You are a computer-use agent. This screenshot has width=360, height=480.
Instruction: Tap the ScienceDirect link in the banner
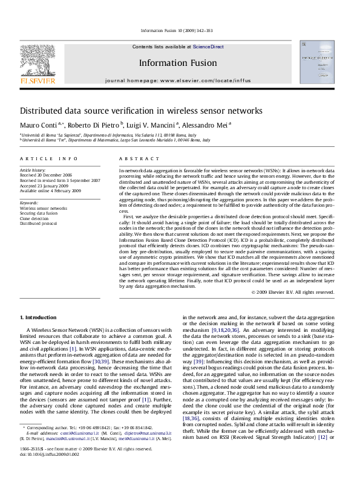coord(208,47)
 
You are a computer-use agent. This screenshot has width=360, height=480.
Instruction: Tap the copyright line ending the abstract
coord(292,291)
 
